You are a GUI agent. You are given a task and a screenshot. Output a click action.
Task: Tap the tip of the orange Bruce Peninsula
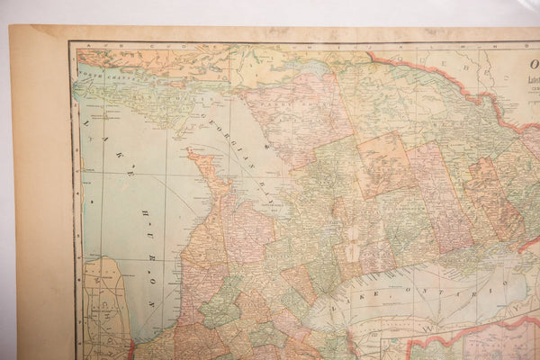tap(193, 155)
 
